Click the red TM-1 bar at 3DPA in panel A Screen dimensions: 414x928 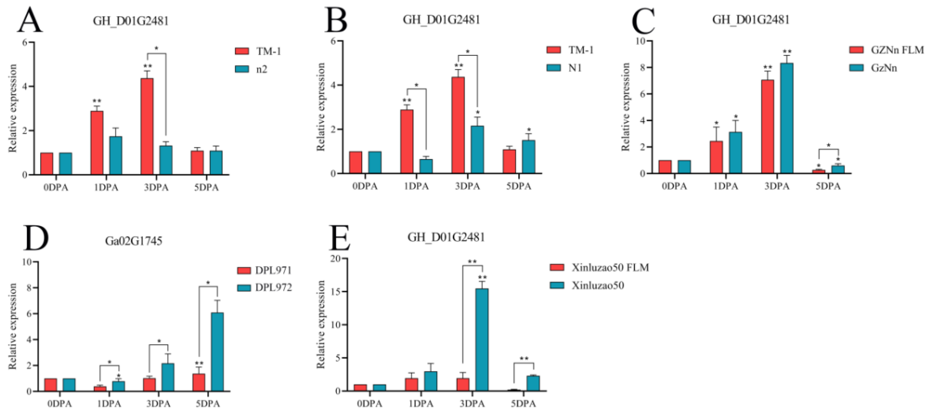[147, 126]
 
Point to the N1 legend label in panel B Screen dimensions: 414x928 [575, 68]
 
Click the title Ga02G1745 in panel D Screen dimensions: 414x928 [133, 240]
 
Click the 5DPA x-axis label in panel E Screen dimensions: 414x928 [523, 404]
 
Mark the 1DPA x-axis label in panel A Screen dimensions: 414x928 [106, 188]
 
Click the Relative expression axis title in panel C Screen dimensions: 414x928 [626, 107]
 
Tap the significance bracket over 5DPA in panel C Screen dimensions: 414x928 [828, 150]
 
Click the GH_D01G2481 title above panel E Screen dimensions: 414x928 [446, 237]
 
